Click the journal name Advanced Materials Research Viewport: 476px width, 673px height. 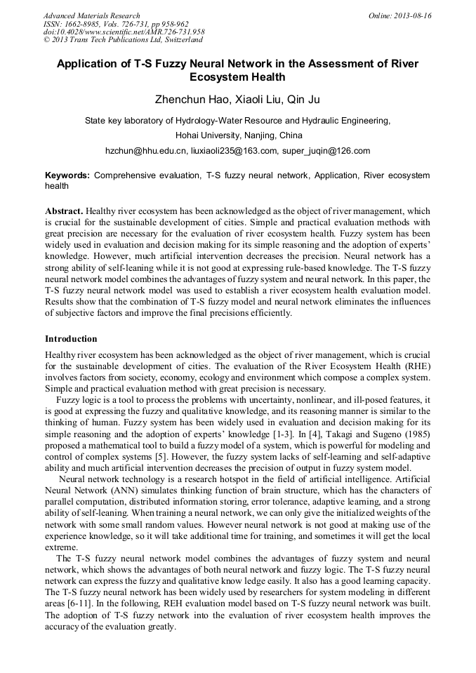pos(92,15)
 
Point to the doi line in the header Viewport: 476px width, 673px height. pos(124,32)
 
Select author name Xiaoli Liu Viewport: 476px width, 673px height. pos(253,99)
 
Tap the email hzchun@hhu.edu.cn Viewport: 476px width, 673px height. pos(145,151)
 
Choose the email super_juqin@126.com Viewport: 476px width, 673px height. pos(326,151)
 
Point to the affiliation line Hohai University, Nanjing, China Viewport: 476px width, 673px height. pos(238,135)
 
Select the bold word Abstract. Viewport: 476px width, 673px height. pos(65,211)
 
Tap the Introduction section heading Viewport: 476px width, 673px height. pos(71,339)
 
